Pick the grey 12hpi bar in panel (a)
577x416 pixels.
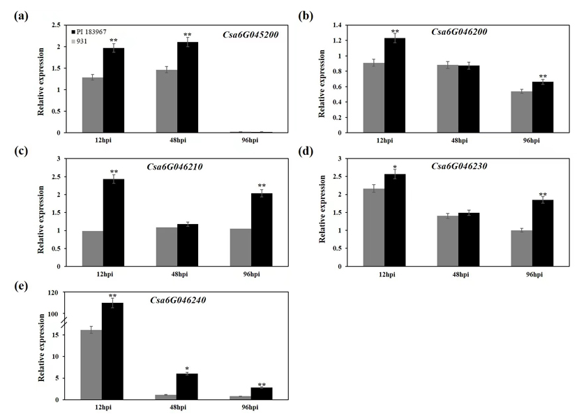pyautogui.click(x=93, y=105)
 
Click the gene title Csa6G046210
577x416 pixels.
pyautogui.click(x=174, y=168)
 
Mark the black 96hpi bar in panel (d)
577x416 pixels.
pyautogui.click(x=543, y=233)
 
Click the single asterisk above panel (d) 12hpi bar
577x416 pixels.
pyautogui.click(x=396, y=168)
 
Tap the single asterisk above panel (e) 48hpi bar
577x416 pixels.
pyautogui.click(x=187, y=368)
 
